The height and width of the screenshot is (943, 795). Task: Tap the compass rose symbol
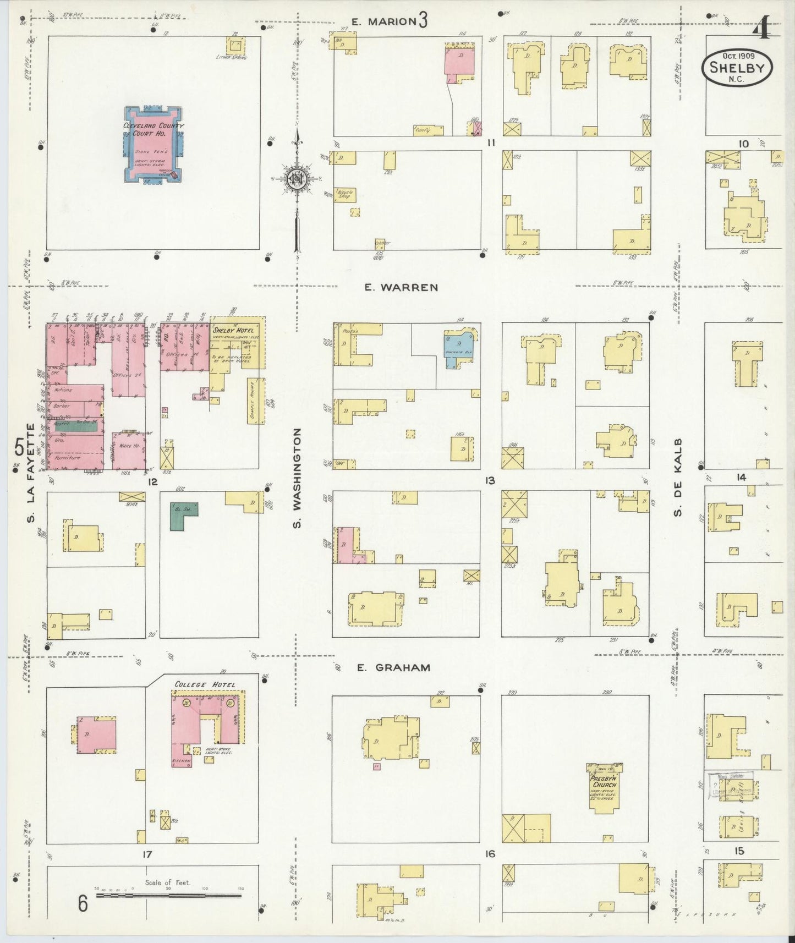pos(297,178)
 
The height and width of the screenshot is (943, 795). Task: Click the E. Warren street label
pos(401,287)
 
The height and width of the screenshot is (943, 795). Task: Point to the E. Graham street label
pos(393,667)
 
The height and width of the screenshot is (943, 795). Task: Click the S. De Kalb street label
pos(678,478)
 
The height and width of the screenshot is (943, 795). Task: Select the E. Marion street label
pos(384,21)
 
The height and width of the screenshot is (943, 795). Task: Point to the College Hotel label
pos(205,684)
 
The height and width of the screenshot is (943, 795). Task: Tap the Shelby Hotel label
pos(233,330)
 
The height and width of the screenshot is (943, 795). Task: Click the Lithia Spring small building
pos(237,45)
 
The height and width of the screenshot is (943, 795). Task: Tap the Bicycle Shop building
pos(344,195)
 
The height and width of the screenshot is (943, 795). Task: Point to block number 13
pos(489,481)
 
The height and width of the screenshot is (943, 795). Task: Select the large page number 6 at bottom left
pos(83,903)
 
